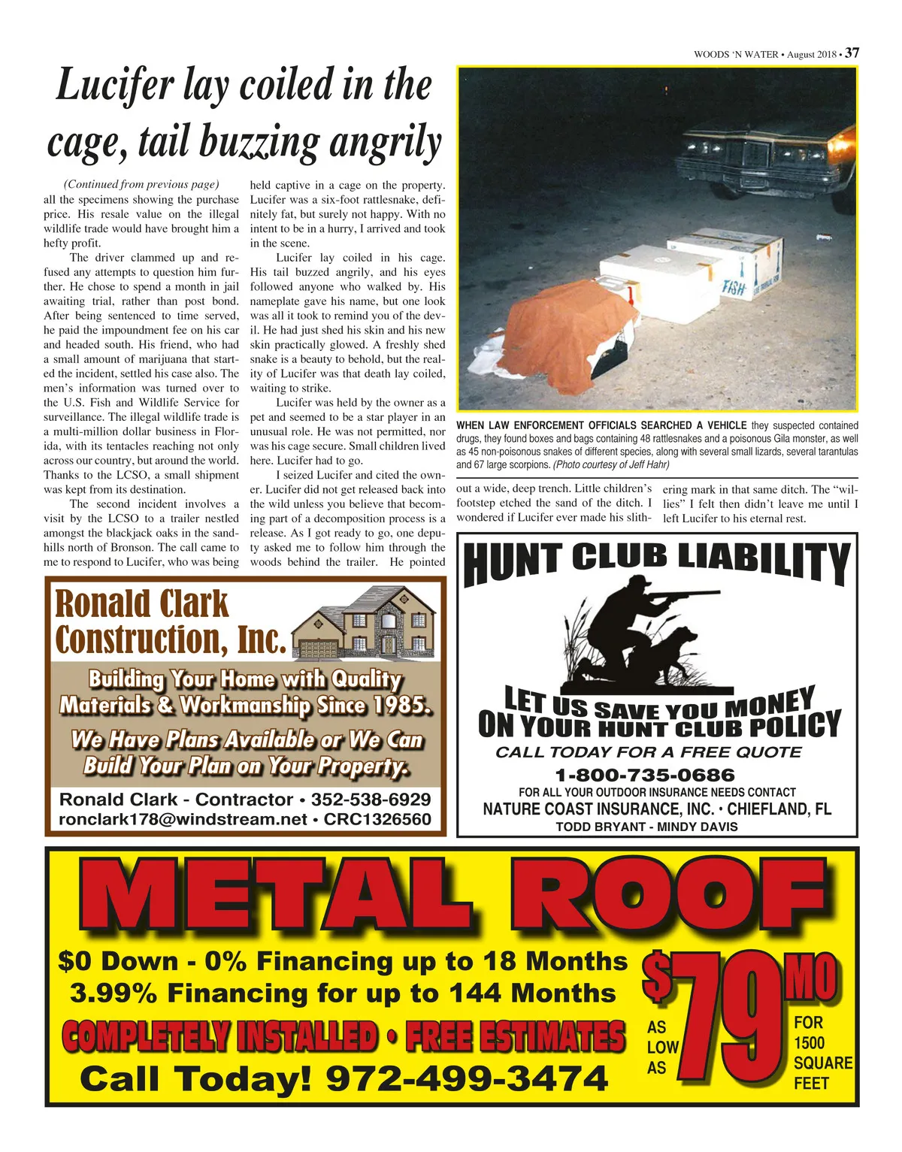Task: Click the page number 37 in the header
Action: pos(852,53)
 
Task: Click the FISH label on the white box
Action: pos(734,287)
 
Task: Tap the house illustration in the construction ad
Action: pos(364,621)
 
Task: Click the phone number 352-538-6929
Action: pos(371,800)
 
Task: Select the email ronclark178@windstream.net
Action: pos(183,819)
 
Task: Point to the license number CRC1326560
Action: pos(377,819)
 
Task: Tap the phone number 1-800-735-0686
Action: pos(645,775)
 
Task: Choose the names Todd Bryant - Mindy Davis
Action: pos(646,827)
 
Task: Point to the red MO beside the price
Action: pos(810,978)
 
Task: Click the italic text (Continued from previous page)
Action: pos(141,184)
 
